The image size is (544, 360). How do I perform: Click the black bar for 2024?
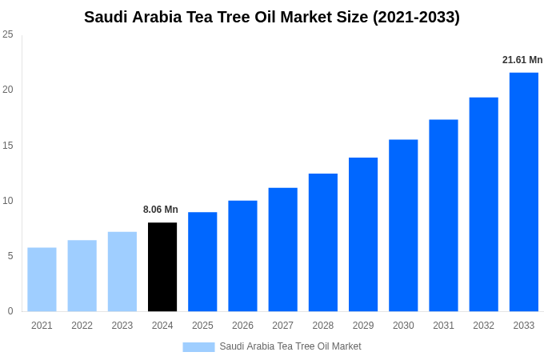pyautogui.click(x=162, y=267)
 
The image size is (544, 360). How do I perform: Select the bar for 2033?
pyautogui.click(x=524, y=192)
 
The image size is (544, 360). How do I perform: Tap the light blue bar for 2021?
pyautogui.click(x=42, y=279)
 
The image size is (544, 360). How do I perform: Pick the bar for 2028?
pyautogui.click(x=323, y=242)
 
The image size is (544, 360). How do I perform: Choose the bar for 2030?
pyautogui.click(x=403, y=226)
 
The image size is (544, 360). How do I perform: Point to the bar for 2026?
pyautogui.click(x=242, y=256)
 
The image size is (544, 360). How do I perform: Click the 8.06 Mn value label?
pyautogui.click(x=161, y=210)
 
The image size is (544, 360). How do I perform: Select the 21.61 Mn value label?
pyautogui.click(x=522, y=60)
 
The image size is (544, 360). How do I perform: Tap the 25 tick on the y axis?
pyautogui.click(x=8, y=34)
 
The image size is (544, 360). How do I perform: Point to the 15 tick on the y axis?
pyautogui.click(x=8, y=146)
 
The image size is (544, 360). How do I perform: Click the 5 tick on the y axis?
pyautogui.click(x=10, y=256)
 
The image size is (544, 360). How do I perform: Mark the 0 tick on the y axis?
pyautogui.click(x=10, y=311)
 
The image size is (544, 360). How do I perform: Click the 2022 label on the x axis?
pyautogui.click(x=82, y=326)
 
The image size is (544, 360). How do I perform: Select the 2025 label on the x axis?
pyautogui.click(x=202, y=326)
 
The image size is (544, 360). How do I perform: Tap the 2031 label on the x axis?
pyautogui.click(x=443, y=326)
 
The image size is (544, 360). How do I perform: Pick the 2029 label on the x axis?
pyautogui.click(x=363, y=326)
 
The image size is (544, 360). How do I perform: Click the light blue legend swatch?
pyautogui.click(x=198, y=346)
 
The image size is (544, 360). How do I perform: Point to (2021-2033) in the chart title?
pyautogui.click(x=416, y=17)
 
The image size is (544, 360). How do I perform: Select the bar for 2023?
pyautogui.click(x=122, y=272)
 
